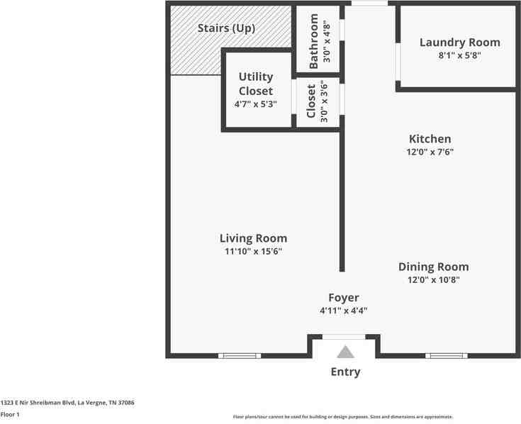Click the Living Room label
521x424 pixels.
[x=253, y=238]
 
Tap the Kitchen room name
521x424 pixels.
[x=430, y=139]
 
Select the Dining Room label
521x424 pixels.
[x=433, y=267]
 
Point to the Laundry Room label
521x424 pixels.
[x=459, y=43]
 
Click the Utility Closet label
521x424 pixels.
[x=255, y=84]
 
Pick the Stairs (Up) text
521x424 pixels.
[x=225, y=28]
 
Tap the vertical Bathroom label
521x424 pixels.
[x=314, y=39]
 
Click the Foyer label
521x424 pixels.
[x=343, y=298]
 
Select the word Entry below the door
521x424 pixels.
[x=345, y=372]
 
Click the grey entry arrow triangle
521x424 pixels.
[x=345, y=352]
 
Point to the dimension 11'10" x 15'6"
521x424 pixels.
[x=253, y=252]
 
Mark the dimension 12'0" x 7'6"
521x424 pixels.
[x=430, y=152]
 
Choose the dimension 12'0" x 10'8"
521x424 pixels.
[x=433, y=280]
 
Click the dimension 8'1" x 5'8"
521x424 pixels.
[x=459, y=56]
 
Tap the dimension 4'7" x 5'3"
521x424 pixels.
[x=255, y=104]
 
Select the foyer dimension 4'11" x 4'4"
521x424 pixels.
[x=343, y=311]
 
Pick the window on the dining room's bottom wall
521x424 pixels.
[x=447, y=355]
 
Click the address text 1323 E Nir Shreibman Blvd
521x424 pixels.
[x=67, y=403]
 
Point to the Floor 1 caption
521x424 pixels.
[x=10, y=414]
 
